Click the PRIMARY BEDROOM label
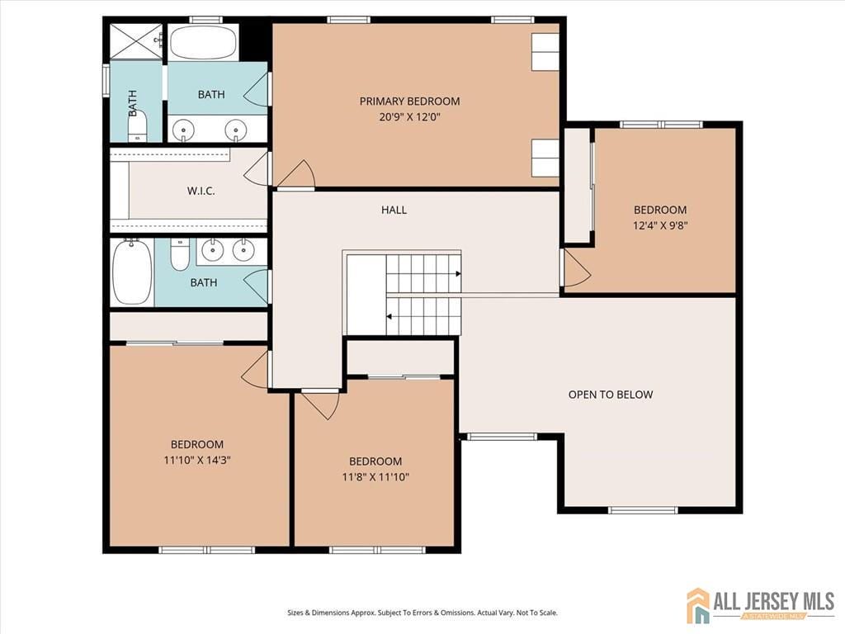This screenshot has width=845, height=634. point(409,102)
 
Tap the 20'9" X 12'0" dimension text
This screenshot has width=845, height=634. point(409,117)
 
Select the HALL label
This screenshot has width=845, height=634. point(394,210)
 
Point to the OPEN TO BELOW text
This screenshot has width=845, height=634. point(610,395)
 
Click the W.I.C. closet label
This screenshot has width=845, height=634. point(201,191)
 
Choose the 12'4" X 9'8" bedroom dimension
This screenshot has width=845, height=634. point(659,225)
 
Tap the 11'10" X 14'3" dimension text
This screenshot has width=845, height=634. point(196,460)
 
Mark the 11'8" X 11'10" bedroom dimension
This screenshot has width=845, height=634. point(375,476)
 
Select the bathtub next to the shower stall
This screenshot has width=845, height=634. point(203,42)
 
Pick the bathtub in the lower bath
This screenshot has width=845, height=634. point(132,272)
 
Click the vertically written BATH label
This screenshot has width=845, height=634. point(132,102)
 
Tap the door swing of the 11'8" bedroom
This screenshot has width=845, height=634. point(320,404)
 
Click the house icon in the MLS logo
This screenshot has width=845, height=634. point(698,605)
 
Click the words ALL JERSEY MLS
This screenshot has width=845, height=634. point(773,600)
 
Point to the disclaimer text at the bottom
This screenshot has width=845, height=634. point(422,613)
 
